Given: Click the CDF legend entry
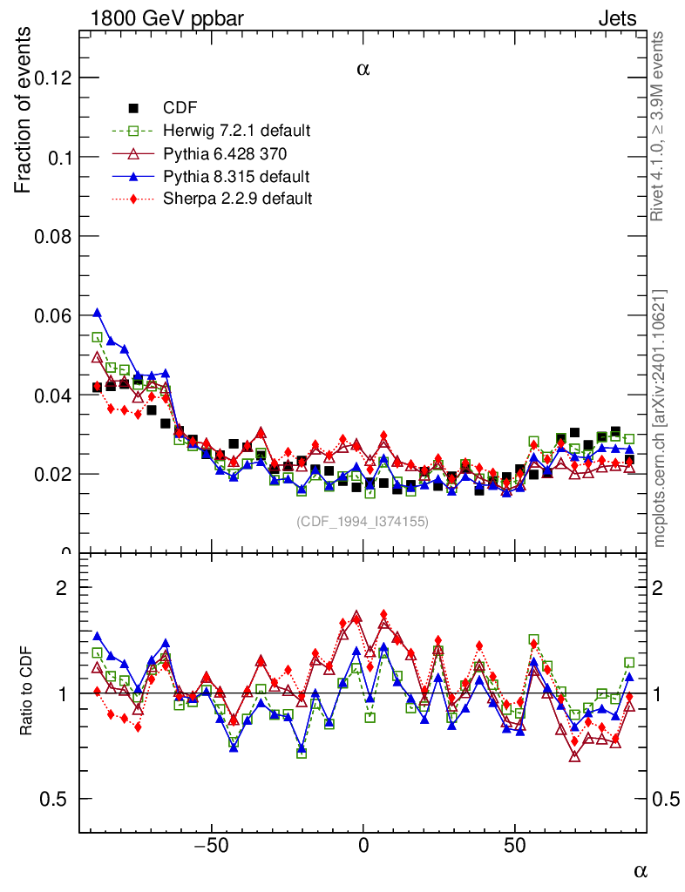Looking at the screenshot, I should [x=180, y=108].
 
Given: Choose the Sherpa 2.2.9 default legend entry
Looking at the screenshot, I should [x=237, y=199].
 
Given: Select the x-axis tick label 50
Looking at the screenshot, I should [x=515, y=846].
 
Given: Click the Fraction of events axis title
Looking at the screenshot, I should [x=25, y=111].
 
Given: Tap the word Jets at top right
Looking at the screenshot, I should [x=617, y=18].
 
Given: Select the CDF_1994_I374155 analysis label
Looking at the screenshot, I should [x=363, y=521].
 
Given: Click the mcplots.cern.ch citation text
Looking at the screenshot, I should [x=660, y=418].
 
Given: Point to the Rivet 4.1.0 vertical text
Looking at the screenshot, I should [x=660, y=126].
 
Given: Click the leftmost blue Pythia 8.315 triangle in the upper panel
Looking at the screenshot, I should [x=98, y=313].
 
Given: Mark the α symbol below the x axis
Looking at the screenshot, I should [x=641, y=869].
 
